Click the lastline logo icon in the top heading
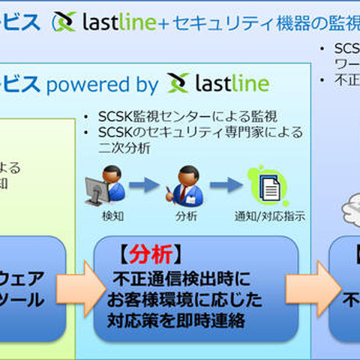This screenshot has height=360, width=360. pos(64,22)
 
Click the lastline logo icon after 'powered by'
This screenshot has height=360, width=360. pos(178,82)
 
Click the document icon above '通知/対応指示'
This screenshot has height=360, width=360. pos(269,185)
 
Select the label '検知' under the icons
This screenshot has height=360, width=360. pos(112,217)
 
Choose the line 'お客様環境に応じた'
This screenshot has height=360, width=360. pos(184,301)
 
